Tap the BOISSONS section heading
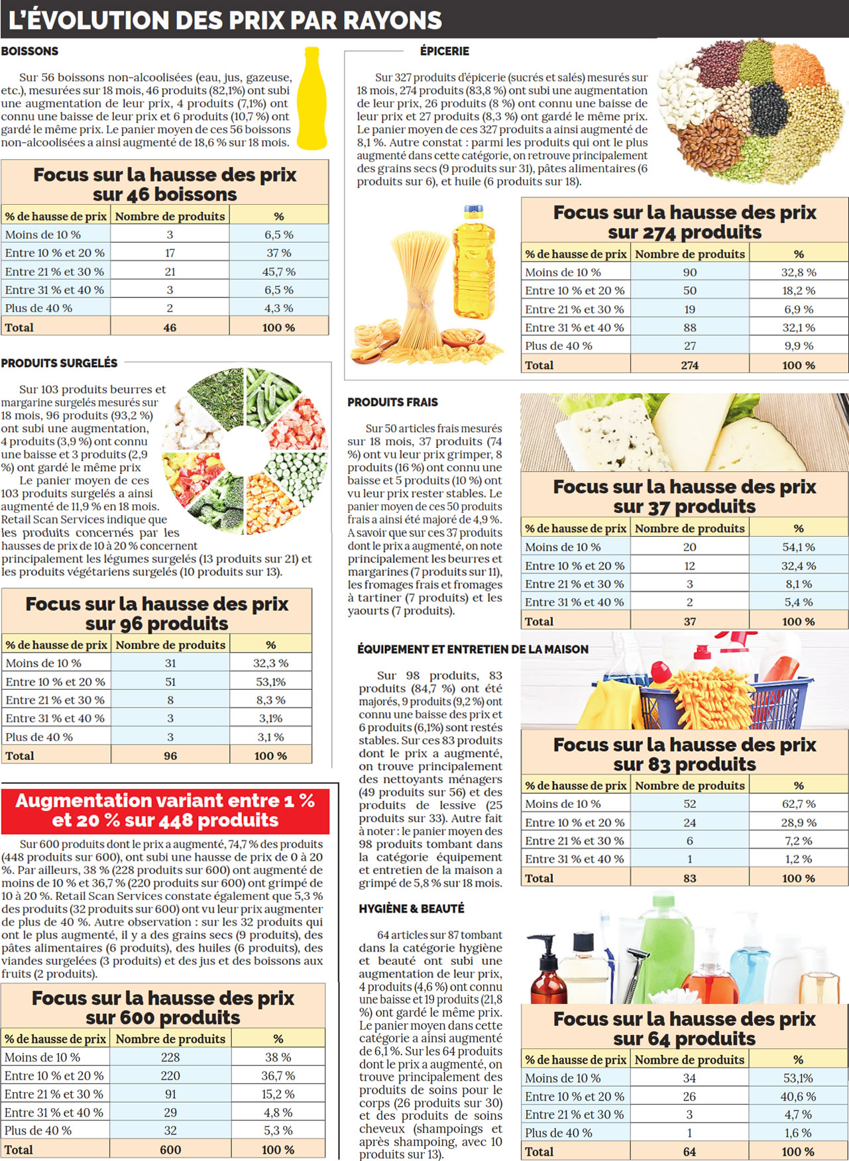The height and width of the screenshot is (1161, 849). (30, 51)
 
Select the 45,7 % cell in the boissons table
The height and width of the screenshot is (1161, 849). (279, 272)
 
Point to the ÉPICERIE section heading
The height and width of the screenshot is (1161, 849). (445, 51)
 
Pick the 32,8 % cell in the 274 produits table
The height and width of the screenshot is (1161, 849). (799, 272)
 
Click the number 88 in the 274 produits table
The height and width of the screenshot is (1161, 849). (690, 327)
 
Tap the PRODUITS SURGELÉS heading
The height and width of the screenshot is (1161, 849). (59, 363)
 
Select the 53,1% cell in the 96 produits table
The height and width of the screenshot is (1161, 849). (270, 682)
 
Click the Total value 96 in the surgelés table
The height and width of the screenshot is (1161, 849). (170, 756)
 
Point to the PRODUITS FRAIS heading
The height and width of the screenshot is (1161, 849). (392, 402)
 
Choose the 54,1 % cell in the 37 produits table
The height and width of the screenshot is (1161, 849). (799, 547)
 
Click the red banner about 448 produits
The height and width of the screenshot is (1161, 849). (165, 810)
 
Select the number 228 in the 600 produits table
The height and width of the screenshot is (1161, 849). (170, 1058)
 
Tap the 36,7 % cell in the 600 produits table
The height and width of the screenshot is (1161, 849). (278, 1076)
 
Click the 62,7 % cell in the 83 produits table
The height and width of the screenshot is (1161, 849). (799, 804)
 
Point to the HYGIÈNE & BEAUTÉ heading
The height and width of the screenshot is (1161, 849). (412, 909)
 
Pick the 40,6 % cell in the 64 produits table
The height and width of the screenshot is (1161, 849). (798, 1097)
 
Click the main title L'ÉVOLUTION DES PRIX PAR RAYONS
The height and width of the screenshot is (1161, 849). (225, 21)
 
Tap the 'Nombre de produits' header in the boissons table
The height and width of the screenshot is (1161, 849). (170, 216)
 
